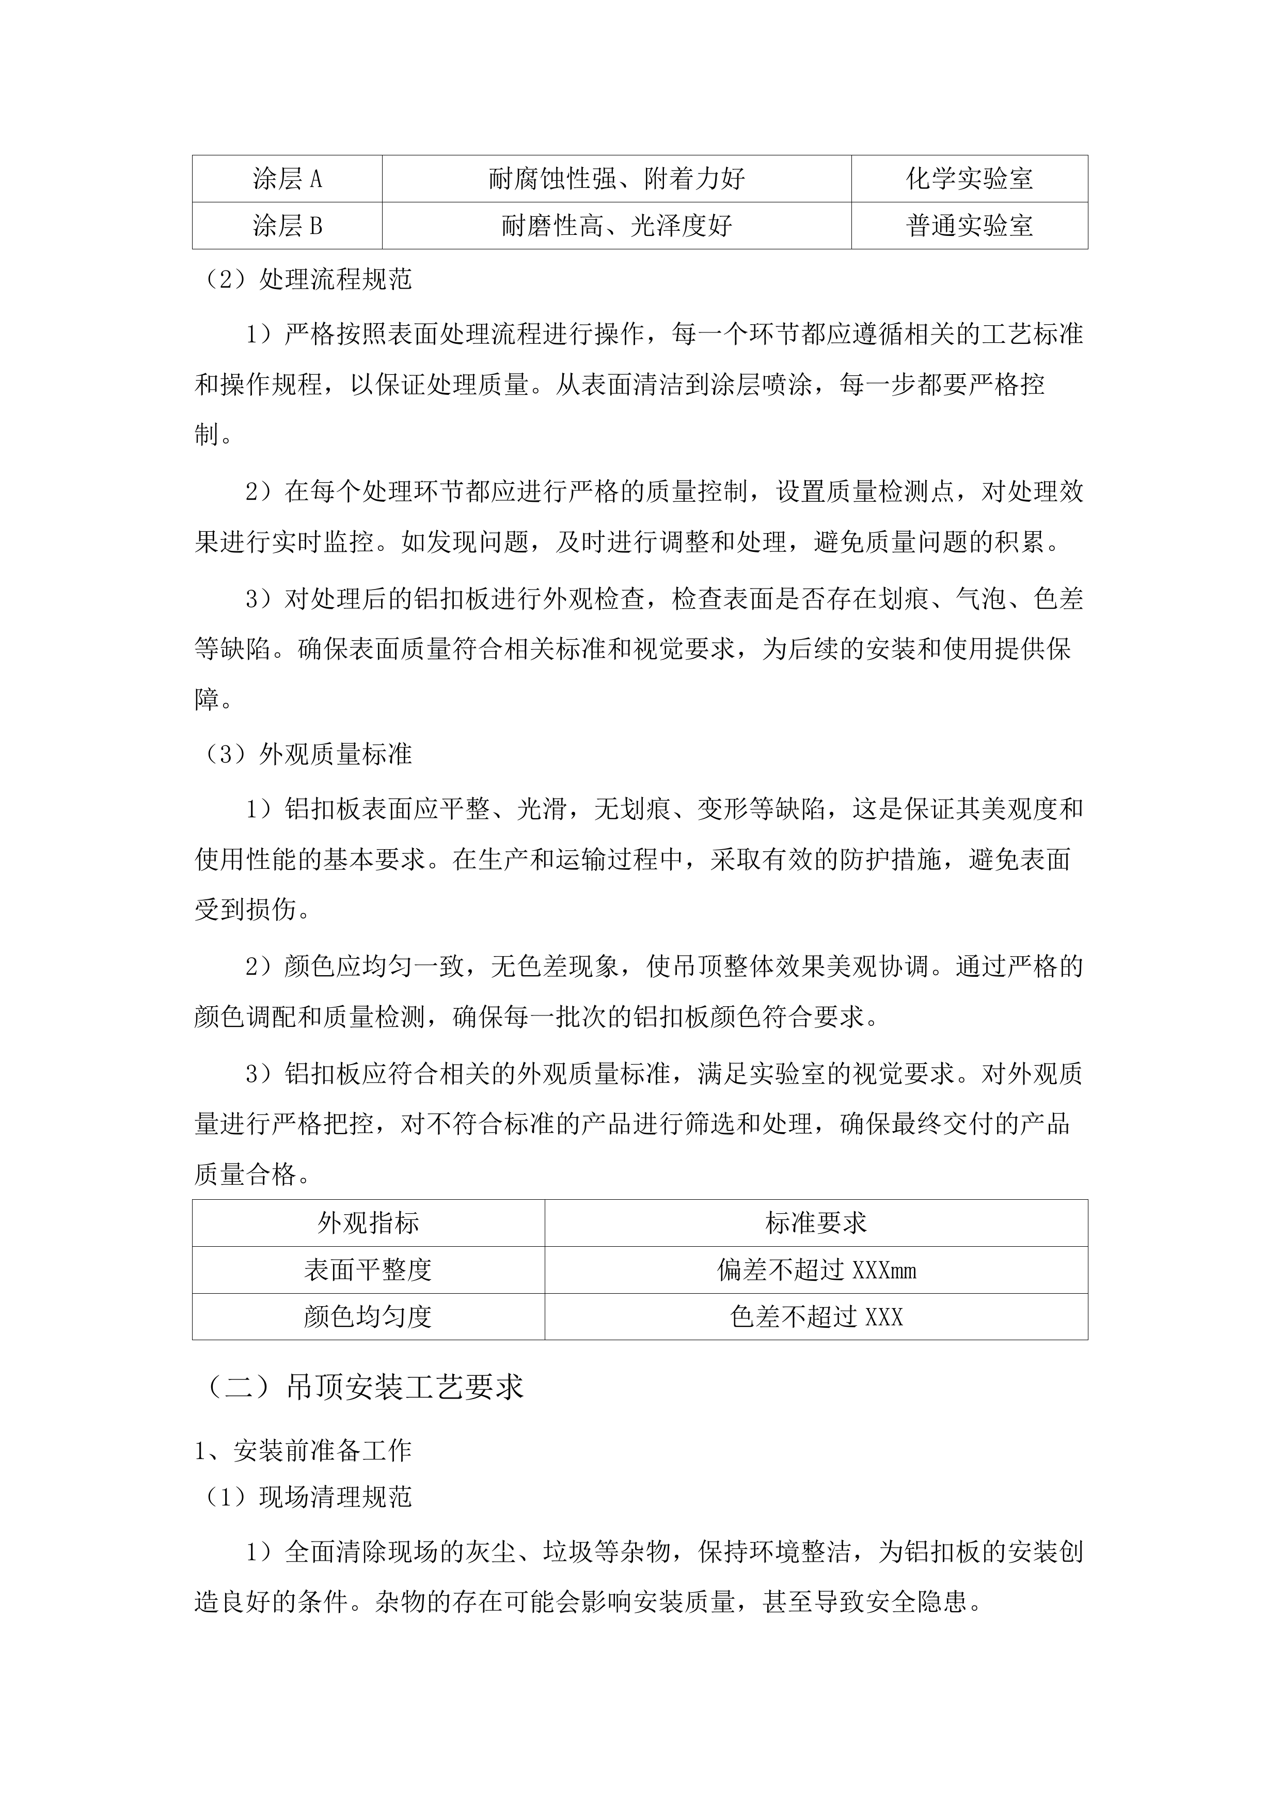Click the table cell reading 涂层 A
pos(287,179)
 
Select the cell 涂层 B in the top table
pos(287,226)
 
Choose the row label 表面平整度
pos(368,1270)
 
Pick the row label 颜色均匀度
pos(368,1316)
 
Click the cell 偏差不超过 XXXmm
pos(816,1270)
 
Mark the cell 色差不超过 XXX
pos(816,1316)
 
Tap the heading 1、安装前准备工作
pos(303,1450)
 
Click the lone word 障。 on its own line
pos(213,699)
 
